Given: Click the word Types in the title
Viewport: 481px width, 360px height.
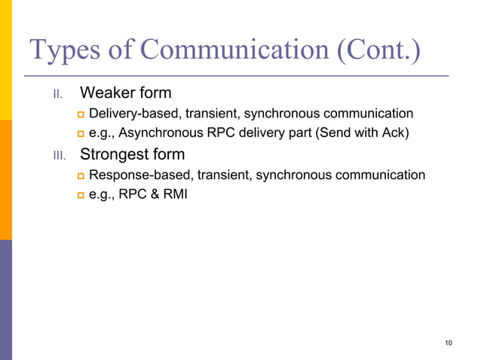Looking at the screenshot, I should [x=62, y=50].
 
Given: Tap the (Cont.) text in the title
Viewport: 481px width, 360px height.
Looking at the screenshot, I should [x=372, y=50].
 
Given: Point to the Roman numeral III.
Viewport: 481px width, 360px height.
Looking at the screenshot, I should [x=59, y=157].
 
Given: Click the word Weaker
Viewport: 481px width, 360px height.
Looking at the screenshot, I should [x=106, y=93].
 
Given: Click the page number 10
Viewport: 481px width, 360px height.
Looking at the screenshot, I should [x=449, y=343].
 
